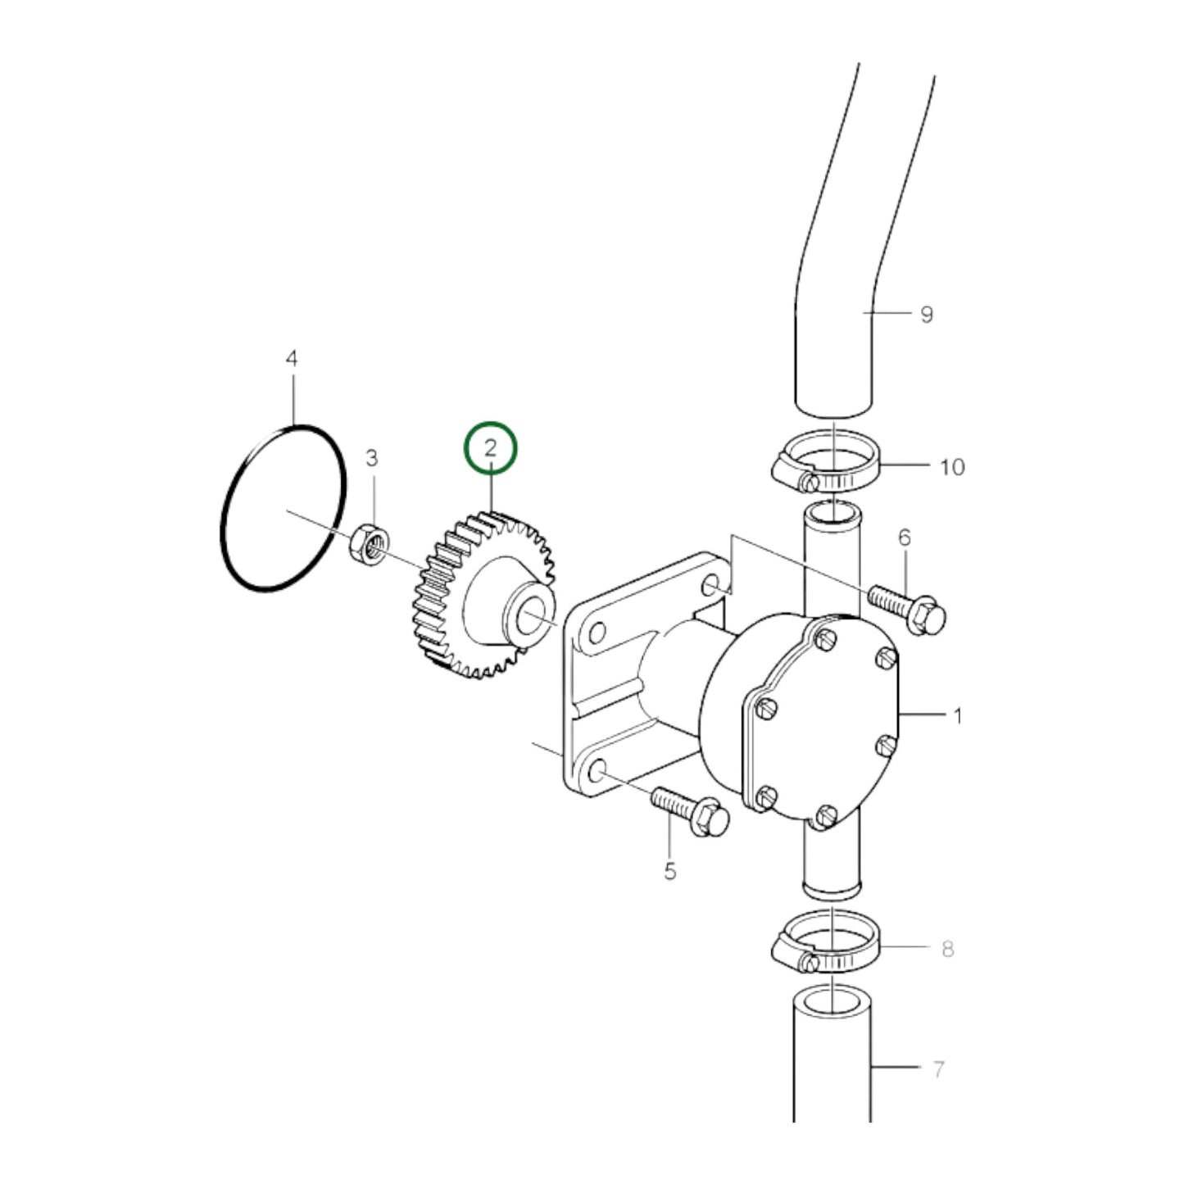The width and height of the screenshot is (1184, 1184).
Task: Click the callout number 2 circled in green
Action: pos(491,448)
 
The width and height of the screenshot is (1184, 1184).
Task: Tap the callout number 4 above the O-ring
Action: pos(292,359)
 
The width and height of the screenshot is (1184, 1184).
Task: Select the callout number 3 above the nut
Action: pos(372,458)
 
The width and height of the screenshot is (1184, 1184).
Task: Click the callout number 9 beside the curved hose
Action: pos(926,314)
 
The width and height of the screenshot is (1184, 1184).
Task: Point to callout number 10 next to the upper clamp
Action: pos(951,467)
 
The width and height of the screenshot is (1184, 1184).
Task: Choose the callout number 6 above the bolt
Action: pos(905,538)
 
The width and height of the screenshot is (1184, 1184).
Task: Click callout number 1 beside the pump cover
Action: pos(957,716)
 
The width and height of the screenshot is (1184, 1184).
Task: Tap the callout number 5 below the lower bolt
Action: pos(670,871)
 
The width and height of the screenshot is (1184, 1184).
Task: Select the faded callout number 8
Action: pos(947,949)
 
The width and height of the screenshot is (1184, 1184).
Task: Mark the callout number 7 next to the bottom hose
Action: pos(939,1068)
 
